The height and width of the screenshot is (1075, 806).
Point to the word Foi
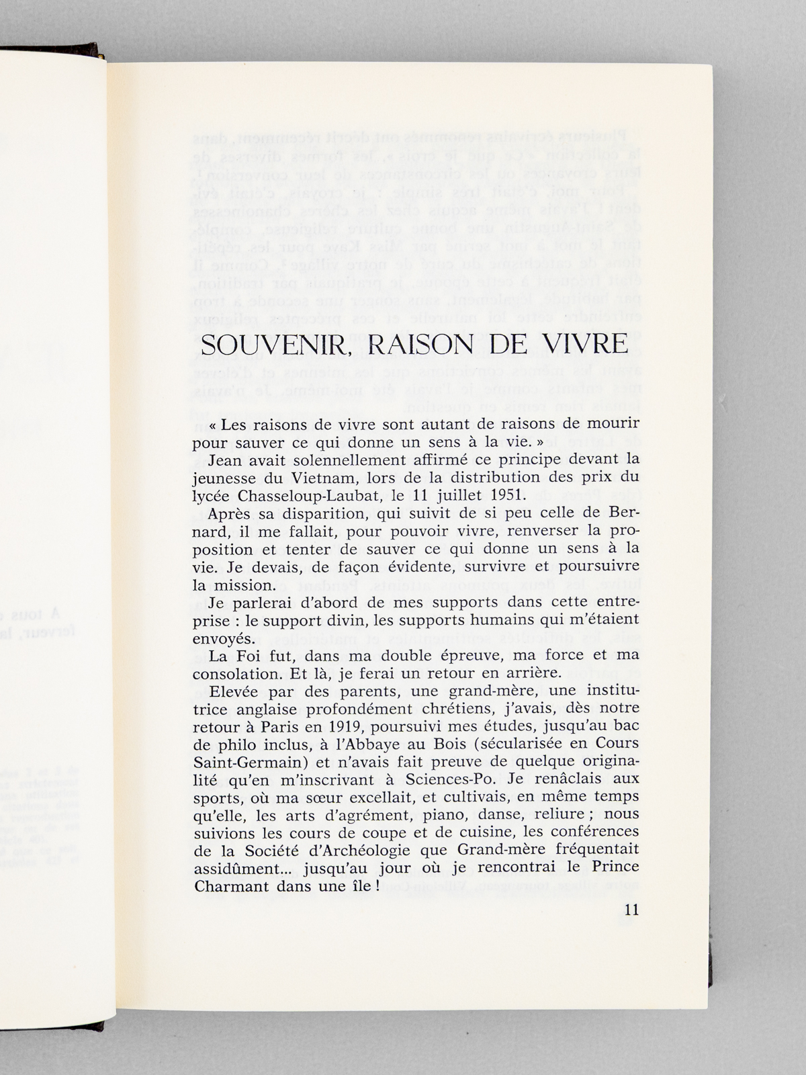249,654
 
